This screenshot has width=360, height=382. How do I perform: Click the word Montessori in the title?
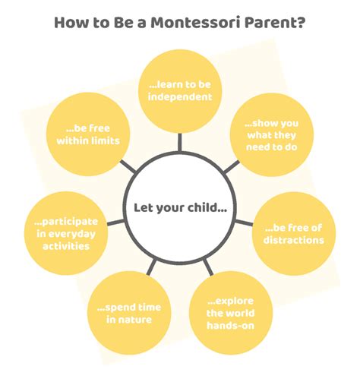pos(196,23)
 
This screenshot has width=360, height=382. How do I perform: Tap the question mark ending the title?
pos(300,22)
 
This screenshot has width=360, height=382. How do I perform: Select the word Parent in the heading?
pos(270,23)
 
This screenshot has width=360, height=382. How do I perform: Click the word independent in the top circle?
pos(180,97)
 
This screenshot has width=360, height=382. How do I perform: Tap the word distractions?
pos(294,240)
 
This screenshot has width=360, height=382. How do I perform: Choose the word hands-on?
pos(230,325)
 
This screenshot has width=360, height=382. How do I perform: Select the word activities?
pos(66,246)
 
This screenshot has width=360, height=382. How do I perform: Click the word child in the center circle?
pos(201,208)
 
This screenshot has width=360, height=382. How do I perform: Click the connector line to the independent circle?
pos(180,142)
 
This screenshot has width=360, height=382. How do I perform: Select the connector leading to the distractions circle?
pos(244,223)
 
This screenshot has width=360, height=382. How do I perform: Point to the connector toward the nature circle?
pos(151,267)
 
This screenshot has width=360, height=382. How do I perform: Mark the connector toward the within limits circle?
pos(128,166)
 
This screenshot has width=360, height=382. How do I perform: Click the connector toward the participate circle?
pos(116,223)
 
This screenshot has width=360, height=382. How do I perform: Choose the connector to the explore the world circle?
pos(208,267)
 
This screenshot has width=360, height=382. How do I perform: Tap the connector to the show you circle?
pos(232,167)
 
